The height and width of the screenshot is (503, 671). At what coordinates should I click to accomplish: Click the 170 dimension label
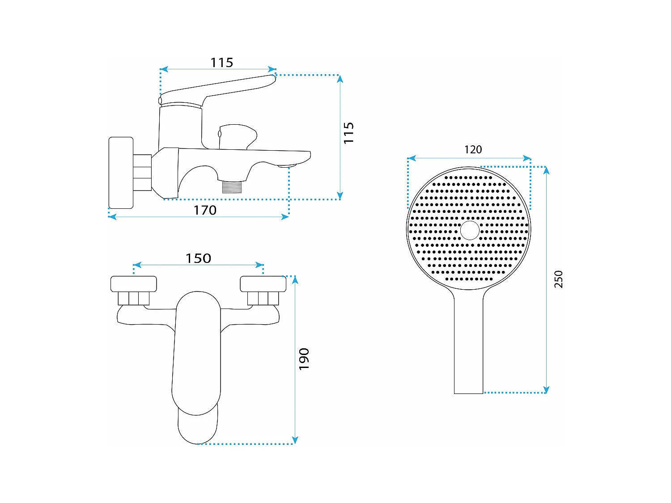(205, 210)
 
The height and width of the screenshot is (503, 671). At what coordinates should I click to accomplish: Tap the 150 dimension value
(199, 258)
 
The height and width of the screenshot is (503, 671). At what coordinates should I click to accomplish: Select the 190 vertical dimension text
(304, 359)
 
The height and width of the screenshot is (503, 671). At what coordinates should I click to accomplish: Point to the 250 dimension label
(558, 279)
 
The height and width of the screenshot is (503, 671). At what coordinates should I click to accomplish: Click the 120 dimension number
(473, 150)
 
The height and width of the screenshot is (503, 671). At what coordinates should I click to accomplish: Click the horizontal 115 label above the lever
(221, 63)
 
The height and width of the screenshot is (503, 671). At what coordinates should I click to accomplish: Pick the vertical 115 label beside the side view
(348, 133)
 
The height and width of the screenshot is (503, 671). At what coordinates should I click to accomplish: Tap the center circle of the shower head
(470, 230)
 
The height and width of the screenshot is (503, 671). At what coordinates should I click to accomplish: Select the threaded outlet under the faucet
(232, 186)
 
